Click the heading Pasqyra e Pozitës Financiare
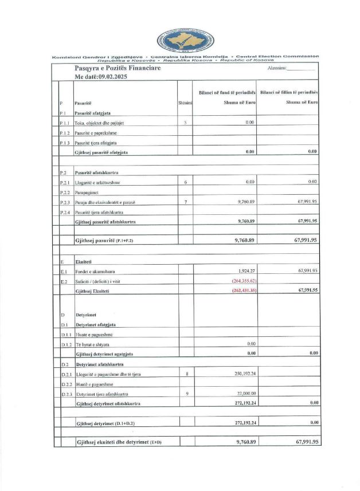pos(118,68)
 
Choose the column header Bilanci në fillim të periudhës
pos(288,92)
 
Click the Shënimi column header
pos(185,103)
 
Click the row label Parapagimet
pos(87,193)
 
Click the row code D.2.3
pos(66,394)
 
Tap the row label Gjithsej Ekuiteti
pos(93,290)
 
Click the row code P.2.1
pos(66,182)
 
